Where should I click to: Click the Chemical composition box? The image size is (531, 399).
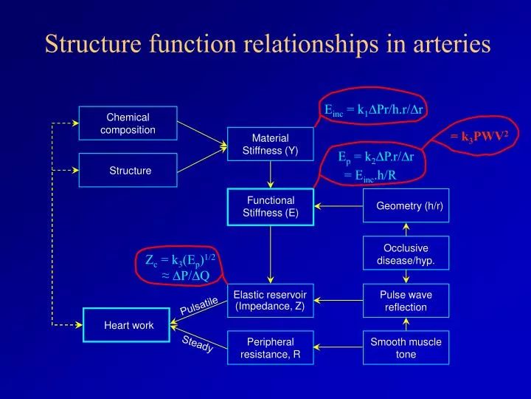(x=128, y=123)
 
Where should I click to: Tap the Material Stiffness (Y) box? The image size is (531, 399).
(x=270, y=144)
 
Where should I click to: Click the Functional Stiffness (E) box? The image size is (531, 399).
(x=270, y=206)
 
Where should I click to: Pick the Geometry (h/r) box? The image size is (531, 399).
(x=409, y=206)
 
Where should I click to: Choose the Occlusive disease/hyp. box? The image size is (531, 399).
(x=406, y=254)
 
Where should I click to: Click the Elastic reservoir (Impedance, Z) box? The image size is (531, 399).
(x=270, y=301)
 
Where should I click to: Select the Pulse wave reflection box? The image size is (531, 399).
(x=406, y=301)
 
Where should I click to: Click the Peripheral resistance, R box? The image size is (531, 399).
(x=270, y=348)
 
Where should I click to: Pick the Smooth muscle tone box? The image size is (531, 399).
(x=406, y=348)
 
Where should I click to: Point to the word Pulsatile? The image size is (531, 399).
(x=199, y=305)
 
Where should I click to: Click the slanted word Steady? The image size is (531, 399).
(x=198, y=344)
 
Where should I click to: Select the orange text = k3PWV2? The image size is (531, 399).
(x=479, y=135)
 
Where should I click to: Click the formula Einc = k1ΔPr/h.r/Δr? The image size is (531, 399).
(x=376, y=110)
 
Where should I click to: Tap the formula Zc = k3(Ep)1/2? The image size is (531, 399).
(x=181, y=259)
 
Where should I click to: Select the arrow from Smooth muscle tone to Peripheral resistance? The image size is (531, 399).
(x=339, y=348)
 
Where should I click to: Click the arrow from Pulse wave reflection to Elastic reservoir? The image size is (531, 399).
(x=339, y=301)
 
